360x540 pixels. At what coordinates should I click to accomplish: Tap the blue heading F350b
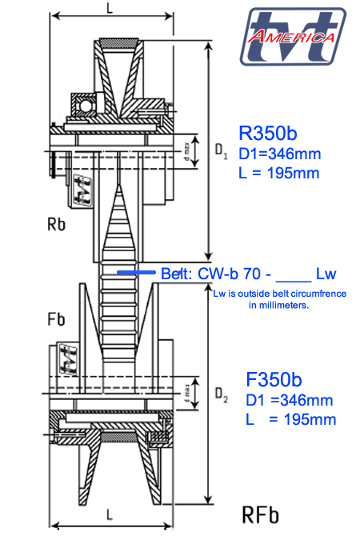coord(274,380)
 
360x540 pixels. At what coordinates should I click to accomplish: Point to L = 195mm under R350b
coord(279,173)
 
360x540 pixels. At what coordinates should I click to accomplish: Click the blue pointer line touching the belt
coord(137,273)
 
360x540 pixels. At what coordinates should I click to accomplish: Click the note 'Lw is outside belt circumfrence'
coord(279,294)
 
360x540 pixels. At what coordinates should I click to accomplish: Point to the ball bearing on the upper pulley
coord(84,103)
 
